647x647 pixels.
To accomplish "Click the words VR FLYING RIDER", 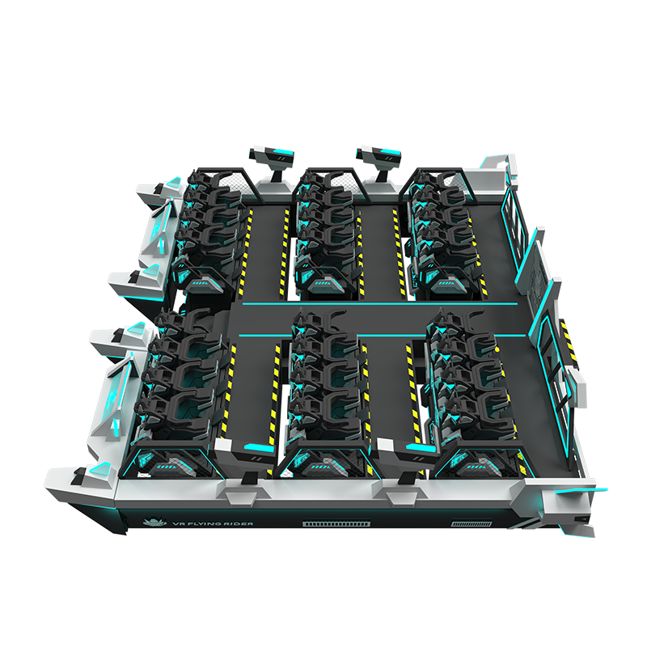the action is pyautogui.click(x=214, y=523).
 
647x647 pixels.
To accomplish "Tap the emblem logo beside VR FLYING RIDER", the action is pyautogui.click(x=154, y=522).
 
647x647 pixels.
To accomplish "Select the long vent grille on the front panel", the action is pyautogui.click(x=336, y=524).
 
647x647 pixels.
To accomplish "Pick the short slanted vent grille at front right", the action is pyautogui.click(x=472, y=524).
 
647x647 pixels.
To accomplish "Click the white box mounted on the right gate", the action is pyautogui.click(x=578, y=387).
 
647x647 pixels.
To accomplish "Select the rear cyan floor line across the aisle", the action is pyautogui.click(x=379, y=304).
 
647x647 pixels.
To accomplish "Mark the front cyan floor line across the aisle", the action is pyautogui.click(x=382, y=335).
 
